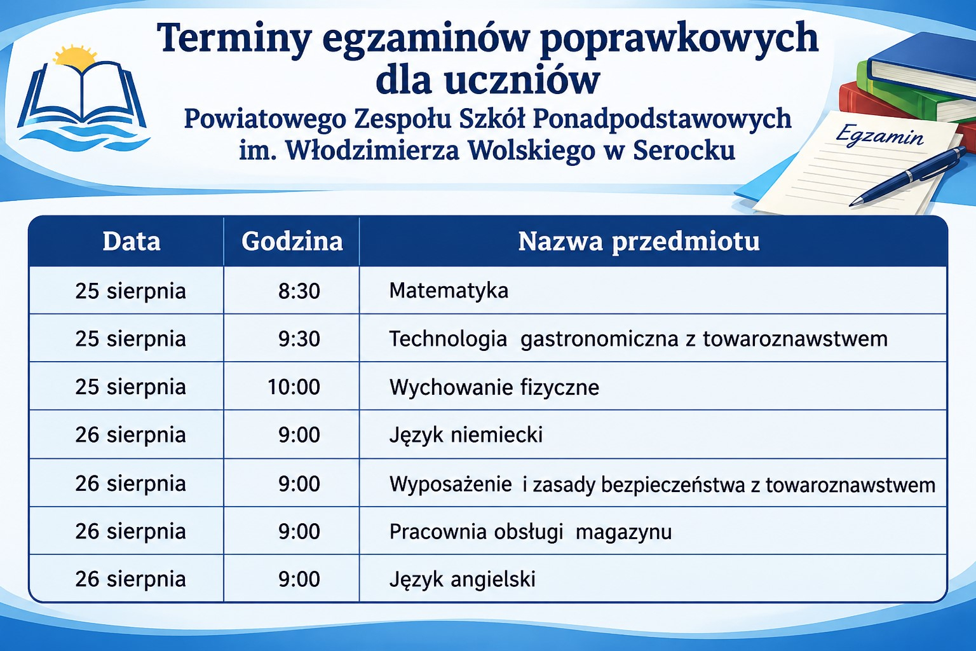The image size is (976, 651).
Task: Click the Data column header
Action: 132,242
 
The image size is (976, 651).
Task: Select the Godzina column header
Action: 292,242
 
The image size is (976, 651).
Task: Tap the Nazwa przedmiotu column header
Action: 639,242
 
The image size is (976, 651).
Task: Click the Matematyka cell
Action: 449,291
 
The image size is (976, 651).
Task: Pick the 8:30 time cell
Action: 299,291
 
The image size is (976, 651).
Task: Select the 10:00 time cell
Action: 294,387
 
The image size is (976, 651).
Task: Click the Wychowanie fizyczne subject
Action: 494,387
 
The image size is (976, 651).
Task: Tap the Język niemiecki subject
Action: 466,435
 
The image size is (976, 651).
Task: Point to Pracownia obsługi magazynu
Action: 531,531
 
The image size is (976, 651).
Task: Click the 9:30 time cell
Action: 299,339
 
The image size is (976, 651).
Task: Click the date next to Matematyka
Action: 130,291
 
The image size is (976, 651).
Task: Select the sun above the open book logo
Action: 75,56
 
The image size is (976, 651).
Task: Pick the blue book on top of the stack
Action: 921,65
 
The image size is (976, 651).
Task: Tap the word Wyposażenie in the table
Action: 451,484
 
